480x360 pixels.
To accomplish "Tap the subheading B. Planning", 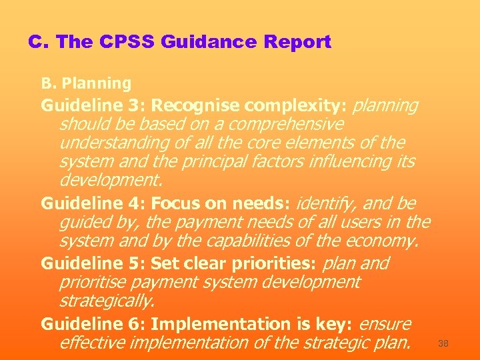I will (86, 83).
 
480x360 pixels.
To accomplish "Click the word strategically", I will (107, 301).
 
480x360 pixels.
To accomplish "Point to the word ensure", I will (385, 324).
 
